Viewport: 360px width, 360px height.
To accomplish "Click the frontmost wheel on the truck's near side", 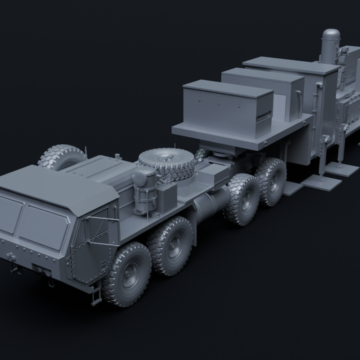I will pyautogui.click(x=127, y=273).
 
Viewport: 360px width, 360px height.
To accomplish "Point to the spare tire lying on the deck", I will pyautogui.click(x=165, y=163).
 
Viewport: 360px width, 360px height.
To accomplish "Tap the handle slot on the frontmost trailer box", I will pyautogui.click(x=262, y=116).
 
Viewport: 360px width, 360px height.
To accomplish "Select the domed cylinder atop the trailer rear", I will pyautogui.click(x=330, y=45).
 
